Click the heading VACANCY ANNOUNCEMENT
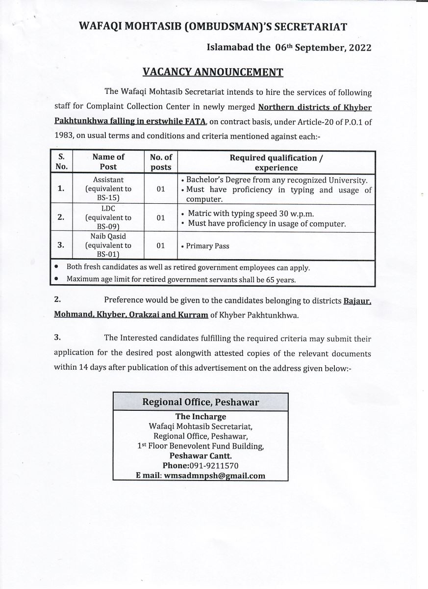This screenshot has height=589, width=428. click(x=213, y=73)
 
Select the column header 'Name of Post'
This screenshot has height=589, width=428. click(x=108, y=161)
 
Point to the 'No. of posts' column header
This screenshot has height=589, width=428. click(x=161, y=161)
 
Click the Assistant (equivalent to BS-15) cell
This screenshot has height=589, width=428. click(x=108, y=189)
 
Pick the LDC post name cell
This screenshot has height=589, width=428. click(x=108, y=217)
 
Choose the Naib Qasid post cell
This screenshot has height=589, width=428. click(x=108, y=245)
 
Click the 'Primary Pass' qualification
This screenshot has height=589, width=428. click(x=207, y=246)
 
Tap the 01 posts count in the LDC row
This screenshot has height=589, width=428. click(x=161, y=217)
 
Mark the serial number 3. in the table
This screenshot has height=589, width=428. click(x=61, y=245)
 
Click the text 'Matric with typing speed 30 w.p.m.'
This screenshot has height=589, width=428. click(x=251, y=214)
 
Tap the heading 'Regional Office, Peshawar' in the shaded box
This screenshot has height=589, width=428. click(x=201, y=402)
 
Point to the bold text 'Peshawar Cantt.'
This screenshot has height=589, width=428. click(x=201, y=455)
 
